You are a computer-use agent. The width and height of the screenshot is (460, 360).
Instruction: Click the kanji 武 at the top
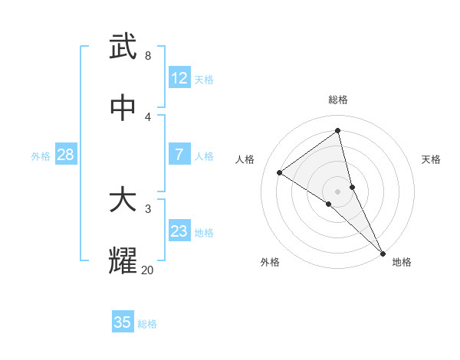(x=123, y=47)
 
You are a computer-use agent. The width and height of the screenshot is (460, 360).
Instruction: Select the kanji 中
(x=123, y=108)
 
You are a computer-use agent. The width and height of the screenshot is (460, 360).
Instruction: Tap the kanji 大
(x=123, y=200)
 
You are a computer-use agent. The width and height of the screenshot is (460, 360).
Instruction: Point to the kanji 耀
(x=123, y=260)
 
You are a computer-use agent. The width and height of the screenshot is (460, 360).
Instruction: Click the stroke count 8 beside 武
(x=148, y=55)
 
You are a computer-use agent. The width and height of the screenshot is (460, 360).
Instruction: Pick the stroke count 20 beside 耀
(x=147, y=269)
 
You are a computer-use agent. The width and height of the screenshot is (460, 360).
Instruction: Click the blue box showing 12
(x=179, y=78)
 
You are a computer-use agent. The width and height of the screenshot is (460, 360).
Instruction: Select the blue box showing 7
(x=179, y=155)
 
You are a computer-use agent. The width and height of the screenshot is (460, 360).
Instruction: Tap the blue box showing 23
(x=179, y=231)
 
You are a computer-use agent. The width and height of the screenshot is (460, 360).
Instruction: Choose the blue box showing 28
(x=66, y=155)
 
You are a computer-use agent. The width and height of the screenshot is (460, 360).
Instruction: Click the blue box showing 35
(x=123, y=322)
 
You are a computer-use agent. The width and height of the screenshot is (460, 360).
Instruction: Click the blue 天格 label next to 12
(x=204, y=80)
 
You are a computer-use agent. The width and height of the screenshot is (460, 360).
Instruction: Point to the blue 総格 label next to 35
(x=147, y=324)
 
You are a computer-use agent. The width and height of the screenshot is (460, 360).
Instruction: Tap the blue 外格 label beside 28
(x=41, y=156)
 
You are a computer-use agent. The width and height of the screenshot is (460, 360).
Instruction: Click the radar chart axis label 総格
(x=338, y=100)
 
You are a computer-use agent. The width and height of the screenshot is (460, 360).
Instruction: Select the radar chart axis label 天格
(x=431, y=159)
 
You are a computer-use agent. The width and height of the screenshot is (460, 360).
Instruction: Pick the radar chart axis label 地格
(x=402, y=263)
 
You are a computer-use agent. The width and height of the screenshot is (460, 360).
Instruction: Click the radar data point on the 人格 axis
(x=280, y=172)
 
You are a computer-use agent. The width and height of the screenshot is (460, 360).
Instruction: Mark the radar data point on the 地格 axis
(x=383, y=253)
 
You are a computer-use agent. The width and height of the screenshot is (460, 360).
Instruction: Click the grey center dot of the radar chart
(x=338, y=191)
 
